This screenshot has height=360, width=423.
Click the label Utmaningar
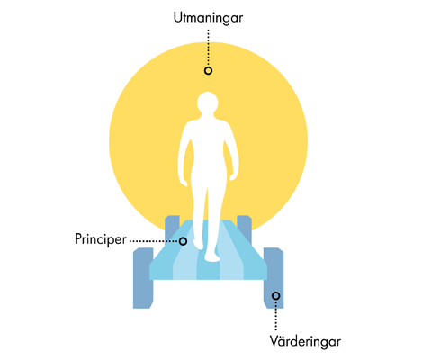[x=208, y=18]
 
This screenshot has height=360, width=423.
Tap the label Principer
[x=101, y=239]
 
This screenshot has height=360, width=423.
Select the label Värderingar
[x=305, y=341]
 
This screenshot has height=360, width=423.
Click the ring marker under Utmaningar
[x=208, y=70]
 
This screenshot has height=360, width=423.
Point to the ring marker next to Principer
[x=183, y=241]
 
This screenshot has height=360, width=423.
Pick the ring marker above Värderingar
[x=275, y=296]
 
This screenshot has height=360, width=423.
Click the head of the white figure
[x=208, y=103]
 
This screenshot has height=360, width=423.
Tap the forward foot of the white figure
[x=212, y=256]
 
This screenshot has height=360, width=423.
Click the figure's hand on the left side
[x=184, y=181]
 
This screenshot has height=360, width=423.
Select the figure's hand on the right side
[x=233, y=176]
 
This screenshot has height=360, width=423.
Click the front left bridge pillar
[x=143, y=278]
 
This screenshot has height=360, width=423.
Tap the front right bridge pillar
[x=274, y=278]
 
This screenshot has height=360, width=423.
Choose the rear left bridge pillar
[x=172, y=228]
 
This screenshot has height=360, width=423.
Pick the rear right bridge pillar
[x=244, y=228]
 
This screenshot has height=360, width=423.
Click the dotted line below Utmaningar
[x=208, y=48]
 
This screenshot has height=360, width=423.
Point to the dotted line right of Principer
[x=154, y=241]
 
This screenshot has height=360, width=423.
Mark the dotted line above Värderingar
[x=275, y=316]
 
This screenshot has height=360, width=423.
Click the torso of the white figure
[x=208, y=147]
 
